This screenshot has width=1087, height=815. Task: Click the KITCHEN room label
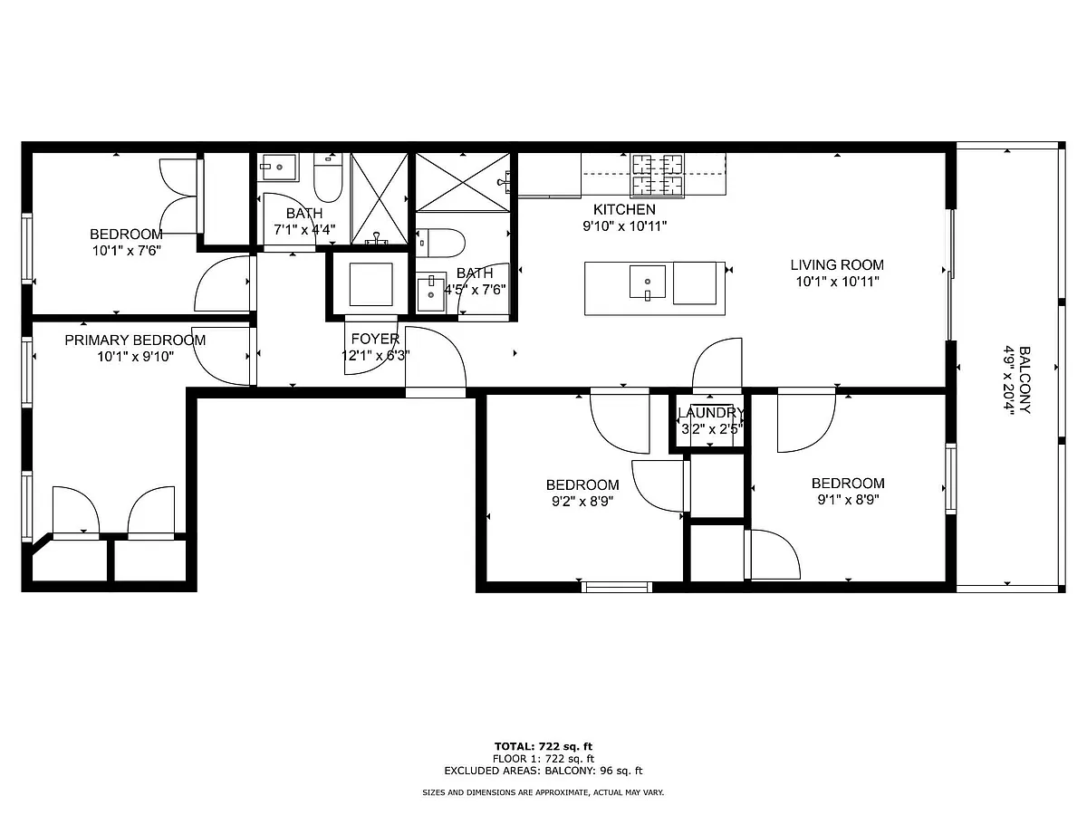pos(624,209)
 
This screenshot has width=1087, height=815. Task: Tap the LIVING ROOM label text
pos(837,264)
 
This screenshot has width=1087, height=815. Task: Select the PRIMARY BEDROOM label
pos(135,340)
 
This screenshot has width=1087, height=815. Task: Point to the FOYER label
pos(375,339)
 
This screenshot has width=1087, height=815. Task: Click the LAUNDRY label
pos(711,413)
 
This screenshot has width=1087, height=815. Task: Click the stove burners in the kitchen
pos(657,175)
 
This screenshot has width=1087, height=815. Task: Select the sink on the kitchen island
pos(648,282)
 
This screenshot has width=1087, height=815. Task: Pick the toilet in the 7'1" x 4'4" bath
pos(328,178)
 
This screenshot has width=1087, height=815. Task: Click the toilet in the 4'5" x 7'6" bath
pos(440,243)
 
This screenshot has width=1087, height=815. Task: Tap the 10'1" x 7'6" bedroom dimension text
pos(127,251)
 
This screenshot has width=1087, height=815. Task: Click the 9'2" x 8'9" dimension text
pos(582,502)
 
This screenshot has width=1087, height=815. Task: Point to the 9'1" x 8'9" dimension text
pos(848,499)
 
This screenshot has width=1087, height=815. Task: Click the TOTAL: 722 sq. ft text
pos(543,746)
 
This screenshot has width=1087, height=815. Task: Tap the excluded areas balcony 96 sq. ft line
pos(543,771)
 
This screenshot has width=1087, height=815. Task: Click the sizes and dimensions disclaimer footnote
pos(543,792)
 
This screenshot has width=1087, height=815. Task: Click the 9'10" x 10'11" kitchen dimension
pos(624,226)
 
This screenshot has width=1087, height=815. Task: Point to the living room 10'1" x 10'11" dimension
pos(837,282)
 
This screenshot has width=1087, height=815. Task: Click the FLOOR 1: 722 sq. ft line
pos(543,759)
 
